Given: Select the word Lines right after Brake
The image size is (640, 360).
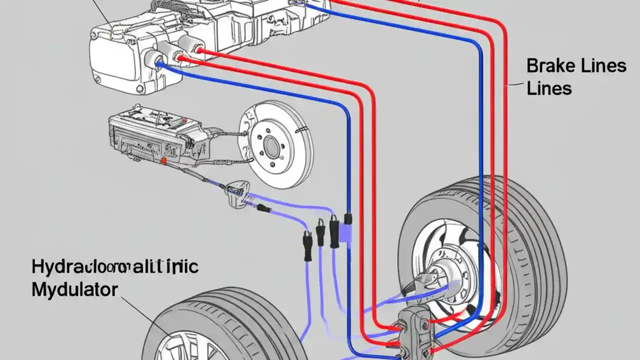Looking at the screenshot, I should pos(605,66).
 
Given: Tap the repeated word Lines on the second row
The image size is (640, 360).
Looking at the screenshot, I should pos(549,88).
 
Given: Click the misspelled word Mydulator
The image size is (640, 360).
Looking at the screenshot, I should pos(75,289).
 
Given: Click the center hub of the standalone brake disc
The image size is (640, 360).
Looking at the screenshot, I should pos(272,145).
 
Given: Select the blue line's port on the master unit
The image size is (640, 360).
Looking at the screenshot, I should pos(160,63).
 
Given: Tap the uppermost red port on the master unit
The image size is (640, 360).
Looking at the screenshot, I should pos(200,50).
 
